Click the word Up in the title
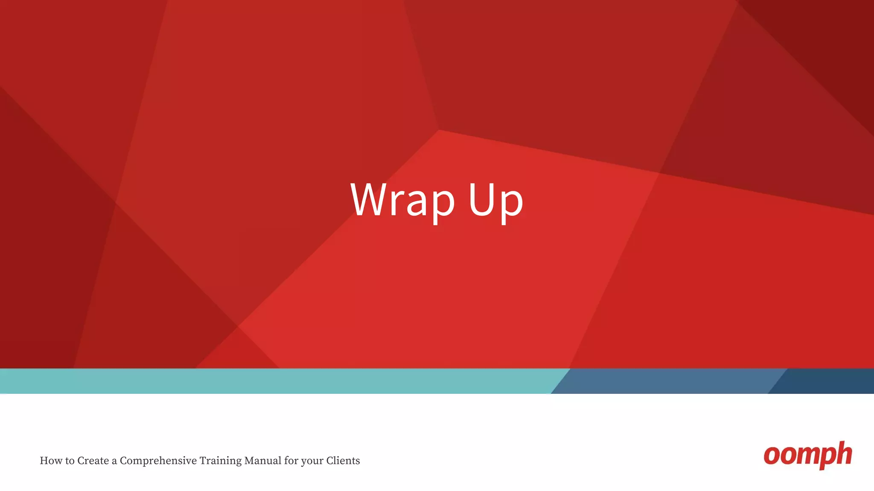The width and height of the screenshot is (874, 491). click(496, 200)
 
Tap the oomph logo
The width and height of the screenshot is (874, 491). click(807, 455)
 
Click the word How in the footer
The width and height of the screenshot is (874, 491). click(51, 461)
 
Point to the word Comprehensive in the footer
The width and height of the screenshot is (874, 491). click(158, 461)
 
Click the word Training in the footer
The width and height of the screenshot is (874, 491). click(220, 461)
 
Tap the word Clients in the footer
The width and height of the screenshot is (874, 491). click(343, 461)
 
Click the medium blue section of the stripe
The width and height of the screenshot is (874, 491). click(666, 381)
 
